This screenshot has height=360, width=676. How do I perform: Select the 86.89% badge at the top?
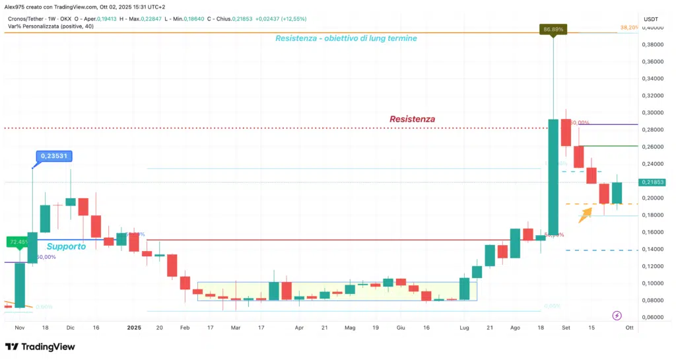pos(553,29)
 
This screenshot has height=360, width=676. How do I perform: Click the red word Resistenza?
pos(412,119)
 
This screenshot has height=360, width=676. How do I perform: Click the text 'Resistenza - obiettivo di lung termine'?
pos(346,38)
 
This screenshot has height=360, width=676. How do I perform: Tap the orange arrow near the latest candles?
pos(585,215)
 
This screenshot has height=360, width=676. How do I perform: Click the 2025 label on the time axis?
pos(135,327)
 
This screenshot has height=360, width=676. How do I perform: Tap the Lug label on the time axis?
pos(465,327)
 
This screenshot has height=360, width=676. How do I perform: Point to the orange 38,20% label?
pos(628,28)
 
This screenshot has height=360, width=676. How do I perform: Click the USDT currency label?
pos(652,19)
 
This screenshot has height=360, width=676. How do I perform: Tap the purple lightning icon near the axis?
pos(617,316)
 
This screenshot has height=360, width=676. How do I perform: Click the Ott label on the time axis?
pos(629,327)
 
